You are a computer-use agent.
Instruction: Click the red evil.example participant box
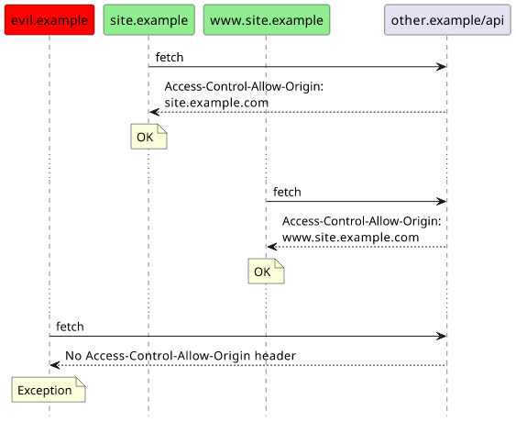49,20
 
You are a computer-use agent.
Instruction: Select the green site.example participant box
149,20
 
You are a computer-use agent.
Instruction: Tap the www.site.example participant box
267,20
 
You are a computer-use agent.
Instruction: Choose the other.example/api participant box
447,20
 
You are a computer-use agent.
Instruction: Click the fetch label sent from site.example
170,57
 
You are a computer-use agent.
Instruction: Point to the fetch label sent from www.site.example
287,192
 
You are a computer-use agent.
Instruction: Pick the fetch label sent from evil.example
70,327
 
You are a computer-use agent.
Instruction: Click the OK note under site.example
148,137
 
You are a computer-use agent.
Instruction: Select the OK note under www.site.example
266,272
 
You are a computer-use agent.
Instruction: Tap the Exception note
49,390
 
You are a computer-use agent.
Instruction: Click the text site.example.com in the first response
216,103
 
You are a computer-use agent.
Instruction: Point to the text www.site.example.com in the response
351,238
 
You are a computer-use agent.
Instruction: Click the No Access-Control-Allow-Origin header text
181,356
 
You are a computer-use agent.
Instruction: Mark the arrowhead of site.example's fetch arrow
442,67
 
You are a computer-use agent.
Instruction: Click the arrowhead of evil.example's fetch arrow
442,337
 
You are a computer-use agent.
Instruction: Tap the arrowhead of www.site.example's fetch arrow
442,202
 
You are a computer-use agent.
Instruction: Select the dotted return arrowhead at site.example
154,112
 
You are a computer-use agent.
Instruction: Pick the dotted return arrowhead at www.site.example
271,247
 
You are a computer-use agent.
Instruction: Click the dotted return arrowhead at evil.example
55,365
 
